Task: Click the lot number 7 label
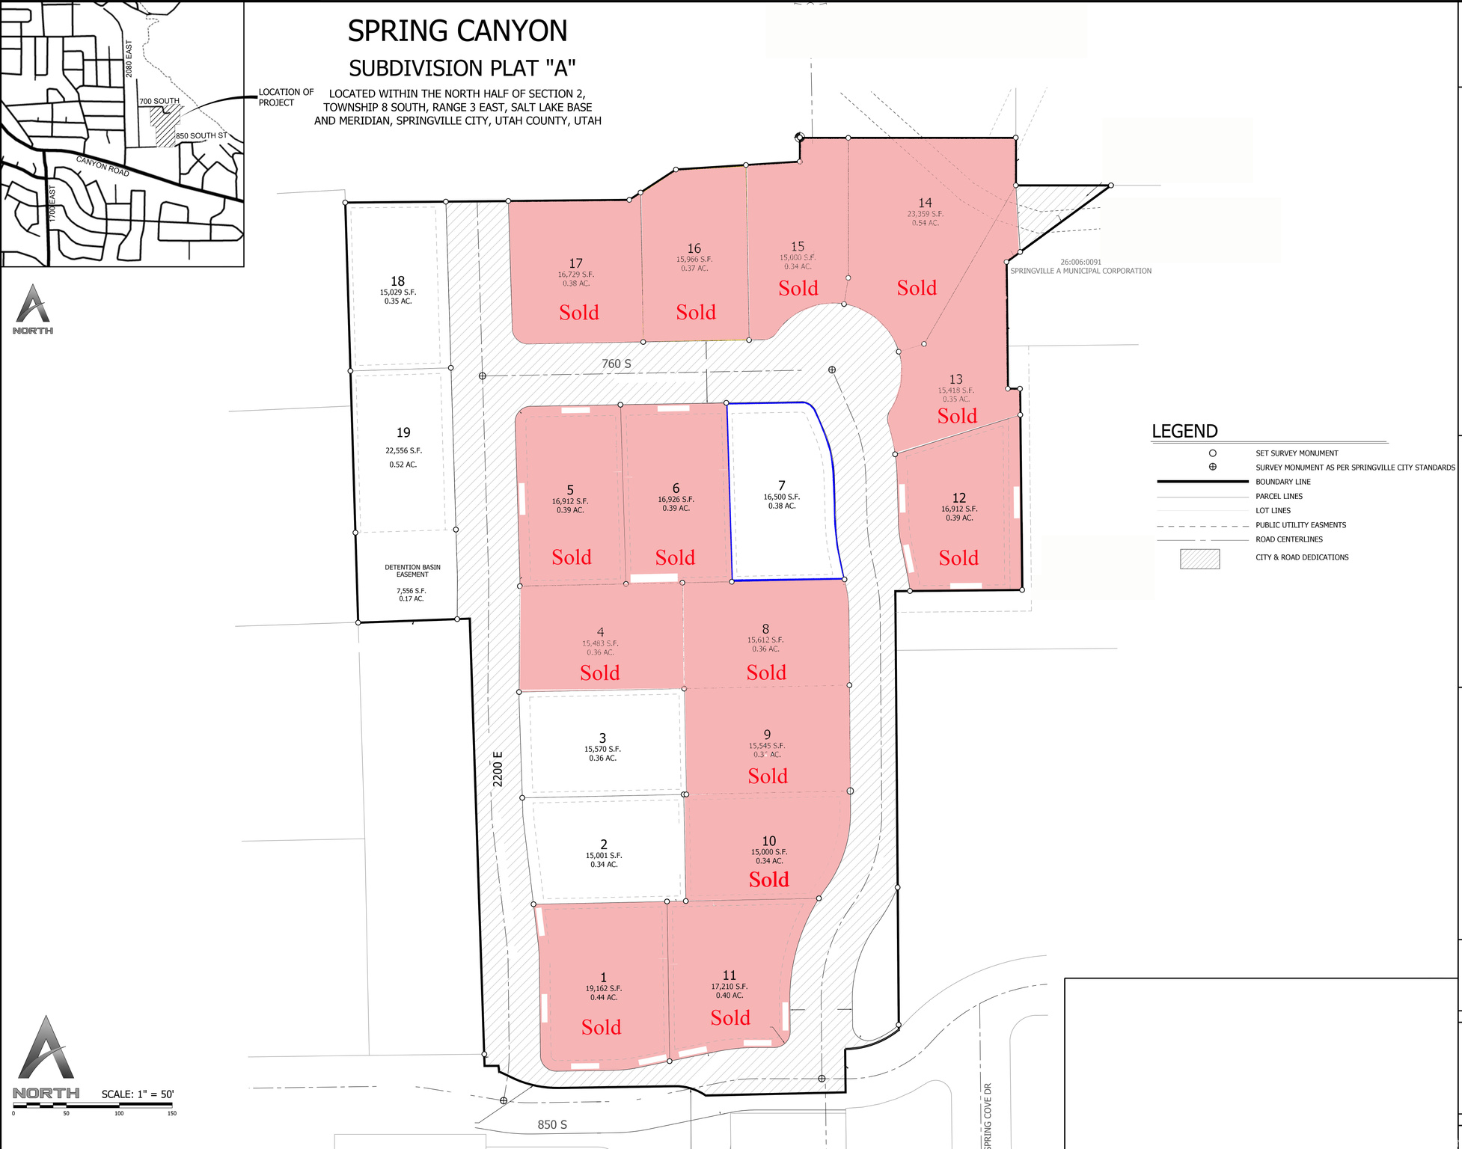(782, 485)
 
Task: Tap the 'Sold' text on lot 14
(917, 288)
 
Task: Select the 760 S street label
(617, 364)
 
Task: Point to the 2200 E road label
(498, 768)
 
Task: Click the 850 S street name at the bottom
(552, 1124)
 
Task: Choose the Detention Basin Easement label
(412, 571)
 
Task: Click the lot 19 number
(403, 432)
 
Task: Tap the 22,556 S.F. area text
(403, 450)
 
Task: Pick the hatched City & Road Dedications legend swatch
(1199, 559)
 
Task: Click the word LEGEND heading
(1184, 431)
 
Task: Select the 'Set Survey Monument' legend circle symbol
(1212, 453)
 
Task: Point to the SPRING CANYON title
(457, 31)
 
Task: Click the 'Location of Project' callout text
(286, 97)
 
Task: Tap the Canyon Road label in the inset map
(103, 166)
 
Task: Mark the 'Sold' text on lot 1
(601, 1027)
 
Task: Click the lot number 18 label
(397, 281)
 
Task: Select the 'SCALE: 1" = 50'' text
(138, 1094)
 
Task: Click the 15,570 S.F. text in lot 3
(602, 749)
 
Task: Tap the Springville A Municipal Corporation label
(1080, 271)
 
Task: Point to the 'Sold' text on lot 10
(768, 879)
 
